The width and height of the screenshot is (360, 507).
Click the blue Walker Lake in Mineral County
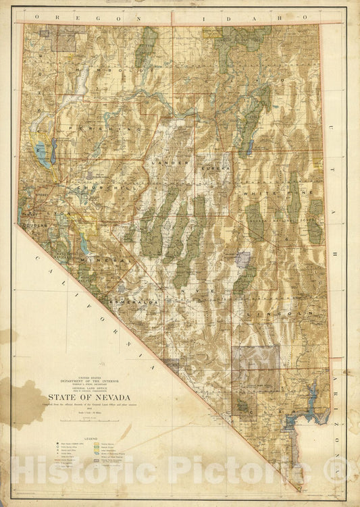(x=82, y=240)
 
